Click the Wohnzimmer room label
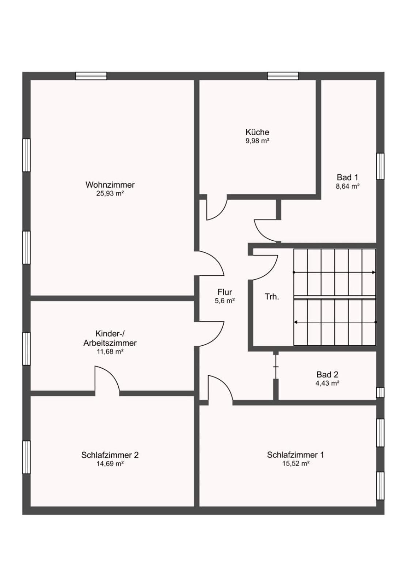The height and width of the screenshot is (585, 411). point(110,185)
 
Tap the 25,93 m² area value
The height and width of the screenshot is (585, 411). point(110,194)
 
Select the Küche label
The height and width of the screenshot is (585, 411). point(257,132)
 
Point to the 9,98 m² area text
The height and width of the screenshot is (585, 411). point(257,141)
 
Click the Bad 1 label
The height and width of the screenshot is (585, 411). point(347,177)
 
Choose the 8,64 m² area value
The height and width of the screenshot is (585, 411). point(347,186)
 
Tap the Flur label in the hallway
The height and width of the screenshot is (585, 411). point(225,292)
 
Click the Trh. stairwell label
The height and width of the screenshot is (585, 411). point(272,297)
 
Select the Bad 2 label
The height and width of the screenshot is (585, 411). point(327,374)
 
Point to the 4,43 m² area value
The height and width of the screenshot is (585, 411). point(327,384)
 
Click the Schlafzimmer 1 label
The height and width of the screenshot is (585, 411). point(295,455)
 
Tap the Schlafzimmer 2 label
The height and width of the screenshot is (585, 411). point(110,455)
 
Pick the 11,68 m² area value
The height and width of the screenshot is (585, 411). point(110,352)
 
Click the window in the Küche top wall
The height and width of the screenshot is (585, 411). point(283,76)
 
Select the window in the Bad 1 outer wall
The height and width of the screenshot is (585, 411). point(380,166)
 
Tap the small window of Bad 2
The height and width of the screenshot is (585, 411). point(380,393)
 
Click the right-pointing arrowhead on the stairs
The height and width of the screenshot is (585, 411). point(374,272)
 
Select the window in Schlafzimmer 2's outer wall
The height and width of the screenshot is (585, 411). point(26,457)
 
